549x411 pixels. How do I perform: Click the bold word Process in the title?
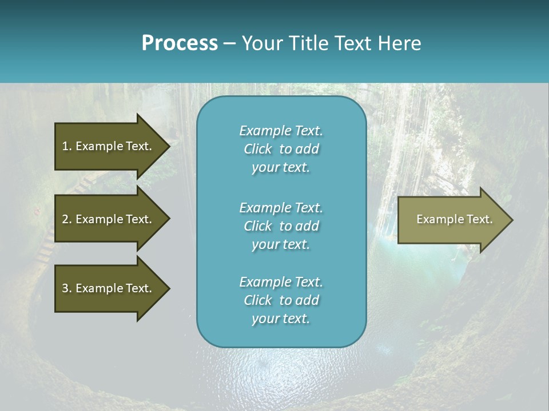(x=180, y=43)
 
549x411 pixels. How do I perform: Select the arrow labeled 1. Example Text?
(x=109, y=146)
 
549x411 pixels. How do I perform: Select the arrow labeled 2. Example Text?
(x=109, y=219)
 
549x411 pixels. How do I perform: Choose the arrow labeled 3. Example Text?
(x=109, y=288)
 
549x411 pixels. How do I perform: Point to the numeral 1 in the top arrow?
(x=65, y=146)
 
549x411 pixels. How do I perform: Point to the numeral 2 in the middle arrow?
(x=65, y=219)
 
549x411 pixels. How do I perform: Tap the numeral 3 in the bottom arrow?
(x=65, y=288)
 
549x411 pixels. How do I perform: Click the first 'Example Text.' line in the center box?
(x=281, y=131)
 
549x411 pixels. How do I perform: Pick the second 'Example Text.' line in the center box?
(x=281, y=208)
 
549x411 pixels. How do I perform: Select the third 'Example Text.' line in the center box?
(x=281, y=282)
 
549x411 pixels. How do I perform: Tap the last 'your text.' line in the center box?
(x=281, y=319)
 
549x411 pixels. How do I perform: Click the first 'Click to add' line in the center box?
(x=281, y=149)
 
